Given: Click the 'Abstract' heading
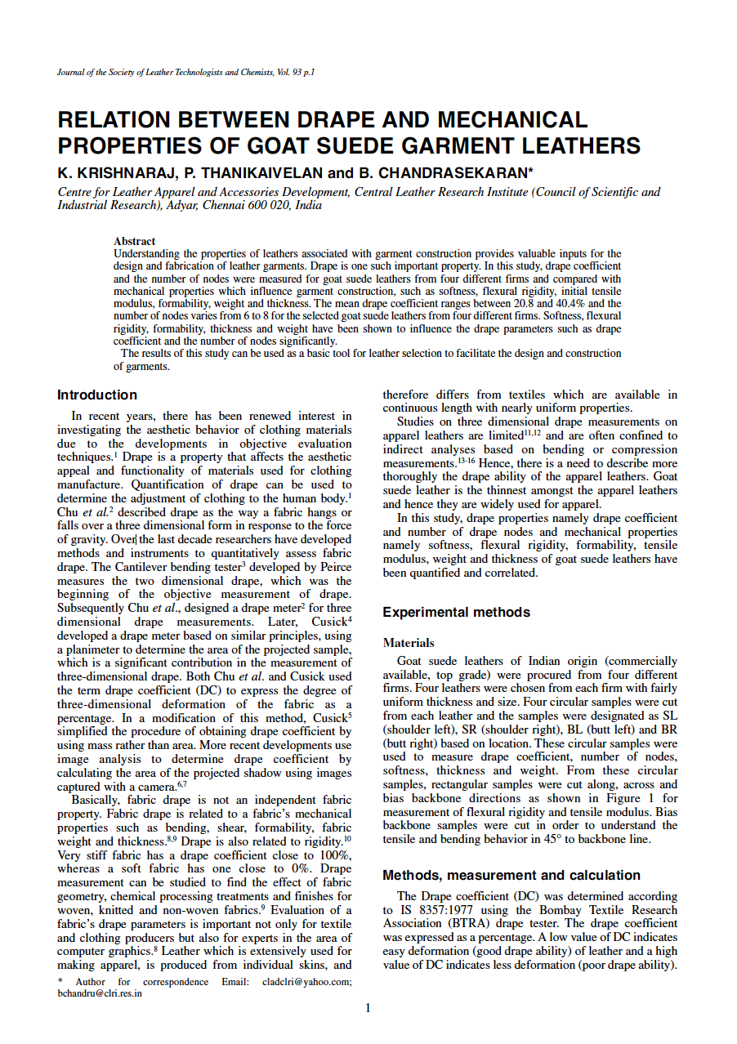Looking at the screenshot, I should point(134,242).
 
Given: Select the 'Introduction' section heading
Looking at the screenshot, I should point(97,395).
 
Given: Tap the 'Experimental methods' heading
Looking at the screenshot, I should point(456,613).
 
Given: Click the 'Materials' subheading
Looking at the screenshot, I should point(409,644).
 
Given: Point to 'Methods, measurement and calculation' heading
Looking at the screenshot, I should point(511,876).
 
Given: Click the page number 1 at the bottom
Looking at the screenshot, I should point(368,1008).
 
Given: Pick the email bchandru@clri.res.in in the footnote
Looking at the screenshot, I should point(99,994).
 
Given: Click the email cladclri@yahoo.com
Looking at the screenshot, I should point(307,982).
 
